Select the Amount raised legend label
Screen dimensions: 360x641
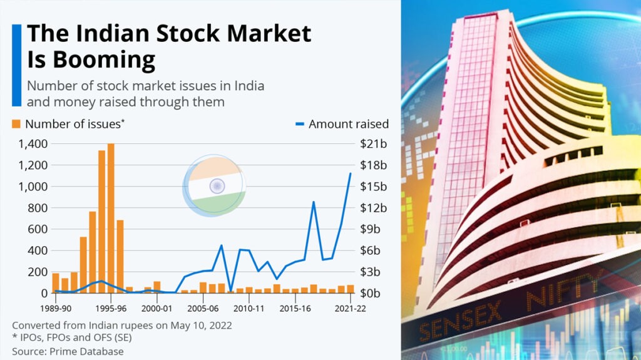click(x=348, y=124)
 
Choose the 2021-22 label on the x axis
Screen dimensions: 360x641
click(x=350, y=309)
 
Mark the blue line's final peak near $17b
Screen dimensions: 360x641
click(x=351, y=173)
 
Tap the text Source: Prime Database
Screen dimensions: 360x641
click(x=68, y=351)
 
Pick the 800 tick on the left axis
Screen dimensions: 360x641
click(x=36, y=208)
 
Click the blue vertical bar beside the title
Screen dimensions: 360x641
click(x=16, y=65)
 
